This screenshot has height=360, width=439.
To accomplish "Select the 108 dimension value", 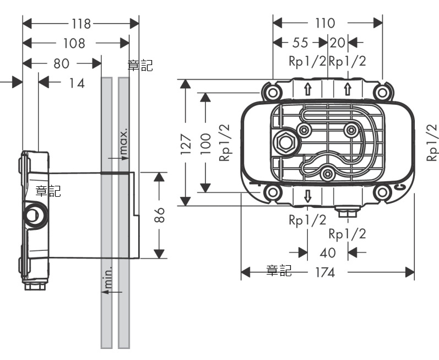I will pos(74,44).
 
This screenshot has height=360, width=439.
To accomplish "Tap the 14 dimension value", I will pos(77,83).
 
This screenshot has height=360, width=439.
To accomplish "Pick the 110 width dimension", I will pos(325,23).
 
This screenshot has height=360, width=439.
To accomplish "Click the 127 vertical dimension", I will pos(186,143).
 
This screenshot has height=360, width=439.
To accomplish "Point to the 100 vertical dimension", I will pos(206,143).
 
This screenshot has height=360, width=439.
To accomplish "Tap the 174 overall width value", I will pos(326,272).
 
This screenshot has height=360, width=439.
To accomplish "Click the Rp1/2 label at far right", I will pos(432,142).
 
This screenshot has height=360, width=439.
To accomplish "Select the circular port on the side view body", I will pos(35,215).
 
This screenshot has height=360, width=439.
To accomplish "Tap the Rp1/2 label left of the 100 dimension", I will pos(224,143).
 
